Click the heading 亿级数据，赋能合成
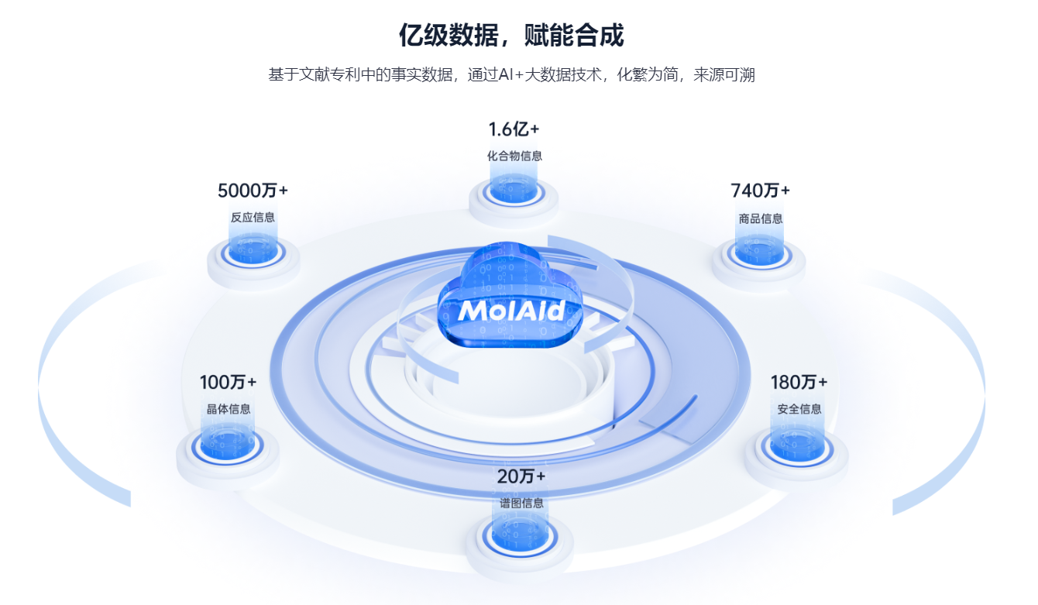click(x=511, y=36)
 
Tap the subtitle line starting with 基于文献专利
click(x=511, y=75)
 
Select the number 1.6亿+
click(x=514, y=129)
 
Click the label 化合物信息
click(x=514, y=156)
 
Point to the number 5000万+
click(x=253, y=191)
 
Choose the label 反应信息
click(x=253, y=218)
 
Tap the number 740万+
click(x=760, y=191)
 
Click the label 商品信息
click(x=760, y=218)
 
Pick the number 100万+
click(x=228, y=382)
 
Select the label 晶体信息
click(x=228, y=409)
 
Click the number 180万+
click(x=799, y=382)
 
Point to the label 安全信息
click(x=799, y=409)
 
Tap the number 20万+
click(x=521, y=476)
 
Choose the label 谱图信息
click(x=521, y=503)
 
